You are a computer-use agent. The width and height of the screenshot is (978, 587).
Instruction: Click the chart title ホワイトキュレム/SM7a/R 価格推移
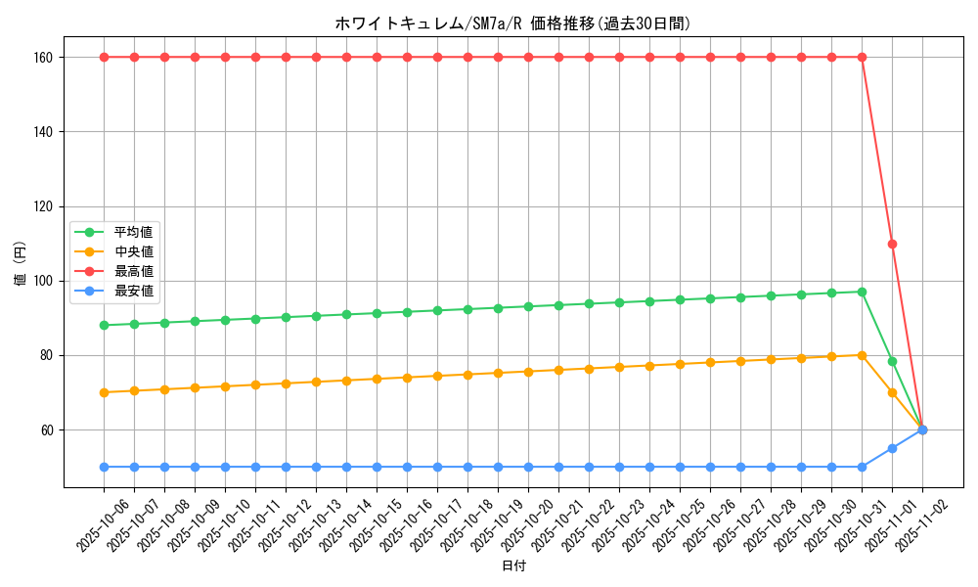point(519,24)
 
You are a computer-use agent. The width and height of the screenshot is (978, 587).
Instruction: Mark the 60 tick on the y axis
point(56,429)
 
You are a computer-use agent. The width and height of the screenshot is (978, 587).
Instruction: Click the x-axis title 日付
point(513,566)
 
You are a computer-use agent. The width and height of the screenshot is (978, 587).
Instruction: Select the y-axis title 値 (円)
point(21,263)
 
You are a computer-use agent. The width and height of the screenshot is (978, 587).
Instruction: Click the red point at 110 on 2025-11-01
point(892,244)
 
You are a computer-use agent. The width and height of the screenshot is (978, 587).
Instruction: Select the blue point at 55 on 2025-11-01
point(892,448)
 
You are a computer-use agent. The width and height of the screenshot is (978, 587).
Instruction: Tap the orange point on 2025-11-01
point(892,392)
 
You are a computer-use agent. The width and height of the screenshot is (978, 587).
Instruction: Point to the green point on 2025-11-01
point(892,361)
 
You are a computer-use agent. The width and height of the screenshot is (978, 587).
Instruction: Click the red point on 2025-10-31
point(862,57)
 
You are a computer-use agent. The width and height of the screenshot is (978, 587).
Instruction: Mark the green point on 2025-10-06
point(104,325)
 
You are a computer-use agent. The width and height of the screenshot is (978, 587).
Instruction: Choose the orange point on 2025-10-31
point(862,355)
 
